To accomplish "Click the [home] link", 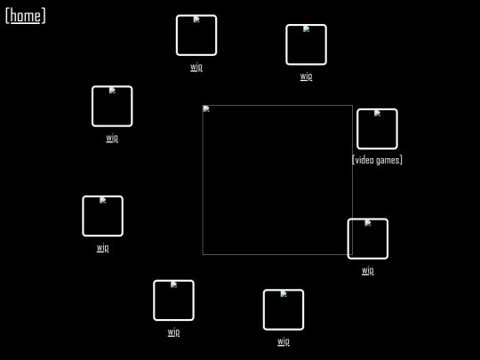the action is pyautogui.click(x=26, y=16).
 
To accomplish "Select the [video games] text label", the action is pyautogui.click(x=377, y=160).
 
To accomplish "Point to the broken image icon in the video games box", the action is pyautogui.click(x=377, y=113).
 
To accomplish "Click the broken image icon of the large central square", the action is pyautogui.click(x=206, y=109).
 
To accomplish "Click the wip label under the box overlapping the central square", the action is pyautogui.click(x=368, y=270).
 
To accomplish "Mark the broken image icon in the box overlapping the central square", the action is pyautogui.click(x=368, y=223).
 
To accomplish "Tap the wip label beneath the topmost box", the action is pyautogui.click(x=196, y=67).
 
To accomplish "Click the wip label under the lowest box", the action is pyautogui.click(x=284, y=341).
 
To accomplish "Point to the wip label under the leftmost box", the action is pyautogui.click(x=102, y=247).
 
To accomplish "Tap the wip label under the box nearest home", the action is pyautogui.click(x=112, y=138).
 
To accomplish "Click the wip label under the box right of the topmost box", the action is pyautogui.click(x=306, y=76).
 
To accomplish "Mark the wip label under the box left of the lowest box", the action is pyautogui.click(x=173, y=332).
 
